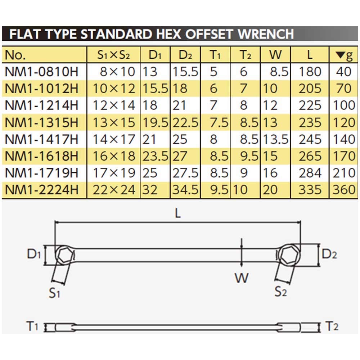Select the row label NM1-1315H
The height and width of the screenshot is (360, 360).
tap(42, 123)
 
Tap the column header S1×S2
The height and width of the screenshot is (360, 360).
tap(113, 55)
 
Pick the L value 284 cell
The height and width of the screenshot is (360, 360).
tap(310, 173)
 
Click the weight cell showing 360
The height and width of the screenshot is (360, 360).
tap(344, 190)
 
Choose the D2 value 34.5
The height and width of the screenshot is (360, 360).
tap(185, 190)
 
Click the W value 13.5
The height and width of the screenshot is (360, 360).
tap(276, 139)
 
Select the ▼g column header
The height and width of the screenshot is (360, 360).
tap(343, 55)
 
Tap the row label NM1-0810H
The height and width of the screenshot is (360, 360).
tap(42, 72)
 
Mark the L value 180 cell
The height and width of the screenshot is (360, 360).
tap(310, 72)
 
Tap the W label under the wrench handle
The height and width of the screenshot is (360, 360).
tap(242, 278)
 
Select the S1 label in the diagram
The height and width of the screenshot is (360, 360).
tap(54, 293)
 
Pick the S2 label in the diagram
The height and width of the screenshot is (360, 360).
tap(280, 291)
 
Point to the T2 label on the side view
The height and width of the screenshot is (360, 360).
tap(331, 327)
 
